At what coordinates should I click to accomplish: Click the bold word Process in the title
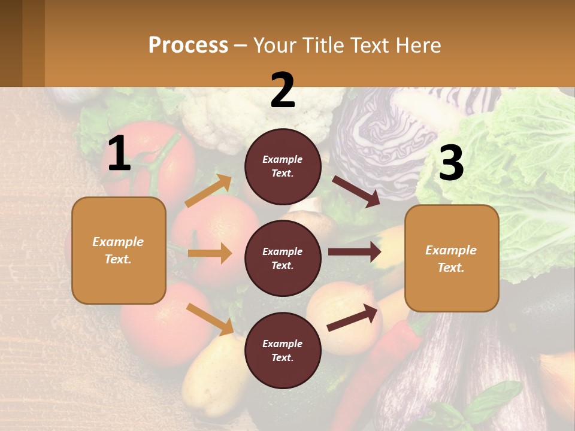click(188, 45)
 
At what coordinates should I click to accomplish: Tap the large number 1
click(119, 154)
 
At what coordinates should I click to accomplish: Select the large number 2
click(283, 91)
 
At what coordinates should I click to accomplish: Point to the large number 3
click(451, 163)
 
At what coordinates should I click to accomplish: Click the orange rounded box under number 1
click(119, 250)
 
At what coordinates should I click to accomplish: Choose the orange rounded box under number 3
click(452, 259)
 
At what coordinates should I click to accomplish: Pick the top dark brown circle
click(283, 166)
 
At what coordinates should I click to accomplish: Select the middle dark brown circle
click(283, 258)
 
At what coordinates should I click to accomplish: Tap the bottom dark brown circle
click(283, 350)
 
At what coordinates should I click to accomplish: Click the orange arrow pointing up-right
click(208, 191)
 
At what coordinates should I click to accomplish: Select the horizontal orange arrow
click(210, 253)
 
